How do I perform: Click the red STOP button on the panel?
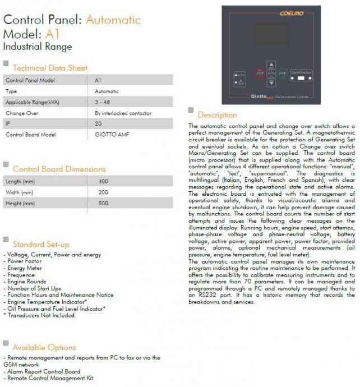coord(260,73)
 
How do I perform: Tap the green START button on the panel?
coord(283,73)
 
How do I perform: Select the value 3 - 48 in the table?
coord(101,102)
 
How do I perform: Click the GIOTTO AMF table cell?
coord(108,135)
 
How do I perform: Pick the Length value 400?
coord(103,181)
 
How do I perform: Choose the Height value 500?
coord(103,203)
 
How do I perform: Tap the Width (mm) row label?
coord(20,192)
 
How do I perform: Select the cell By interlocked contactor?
coord(123,113)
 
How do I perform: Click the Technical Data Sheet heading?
coord(50,68)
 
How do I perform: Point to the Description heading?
coord(217,115)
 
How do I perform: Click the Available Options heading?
coord(44,347)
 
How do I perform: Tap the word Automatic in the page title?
coord(113,20)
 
